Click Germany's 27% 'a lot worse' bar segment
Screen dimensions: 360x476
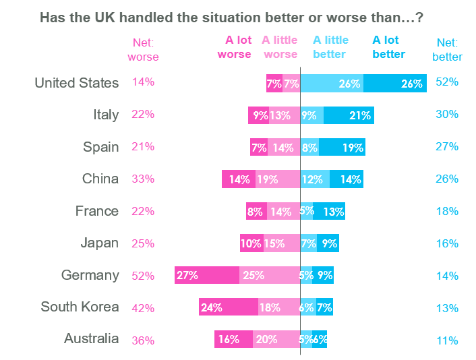(x=207, y=275)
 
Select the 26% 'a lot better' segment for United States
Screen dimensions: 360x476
(x=394, y=84)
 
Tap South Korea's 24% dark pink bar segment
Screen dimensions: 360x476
(x=229, y=307)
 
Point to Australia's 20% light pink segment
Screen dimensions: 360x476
(x=276, y=339)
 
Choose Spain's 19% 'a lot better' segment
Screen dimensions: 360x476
(x=342, y=147)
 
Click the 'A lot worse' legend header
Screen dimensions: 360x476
(x=234, y=47)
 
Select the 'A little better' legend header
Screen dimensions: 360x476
(x=330, y=47)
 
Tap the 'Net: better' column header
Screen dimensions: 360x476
(x=447, y=49)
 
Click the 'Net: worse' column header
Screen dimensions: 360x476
(x=143, y=49)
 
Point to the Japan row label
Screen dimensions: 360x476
(x=100, y=243)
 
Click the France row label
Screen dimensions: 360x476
(x=97, y=211)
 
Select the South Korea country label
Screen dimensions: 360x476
(x=80, y=307)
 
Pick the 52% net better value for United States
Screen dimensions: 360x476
(x=447, y=82)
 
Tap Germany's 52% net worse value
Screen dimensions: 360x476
(x=143, y=276)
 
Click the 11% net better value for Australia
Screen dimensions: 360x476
(x=447, y=340)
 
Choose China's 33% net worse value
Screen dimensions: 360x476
(x=143, y=179)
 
